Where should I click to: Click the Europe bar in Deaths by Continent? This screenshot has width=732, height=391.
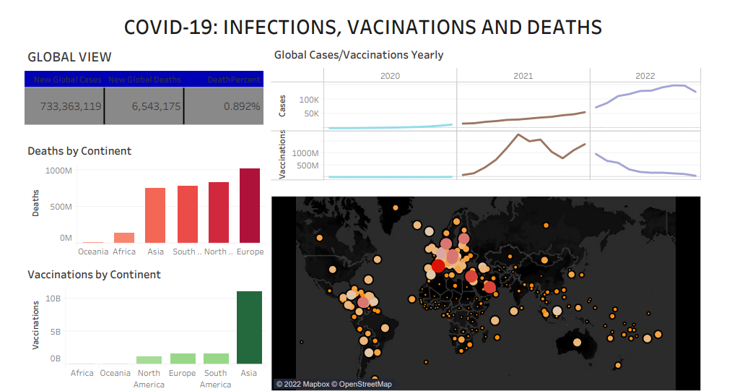point(250,206)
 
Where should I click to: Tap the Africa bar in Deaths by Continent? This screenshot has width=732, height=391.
point(124,238)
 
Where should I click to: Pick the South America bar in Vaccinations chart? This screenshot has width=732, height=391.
point(216,358)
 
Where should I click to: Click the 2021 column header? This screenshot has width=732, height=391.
point(523,75)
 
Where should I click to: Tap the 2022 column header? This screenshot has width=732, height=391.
point(645,75)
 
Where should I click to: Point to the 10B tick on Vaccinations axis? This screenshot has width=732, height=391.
point(53,298)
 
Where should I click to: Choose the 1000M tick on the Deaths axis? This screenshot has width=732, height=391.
point(58,171)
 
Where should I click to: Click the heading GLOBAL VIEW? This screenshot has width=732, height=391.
point(69,57)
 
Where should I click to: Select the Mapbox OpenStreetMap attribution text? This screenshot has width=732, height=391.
point(334,384)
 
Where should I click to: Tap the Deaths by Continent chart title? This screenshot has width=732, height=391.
point(79,151)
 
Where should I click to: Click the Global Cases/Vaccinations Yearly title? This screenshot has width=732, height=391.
point(359,55)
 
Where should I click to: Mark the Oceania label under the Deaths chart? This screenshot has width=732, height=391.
point(93,252)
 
